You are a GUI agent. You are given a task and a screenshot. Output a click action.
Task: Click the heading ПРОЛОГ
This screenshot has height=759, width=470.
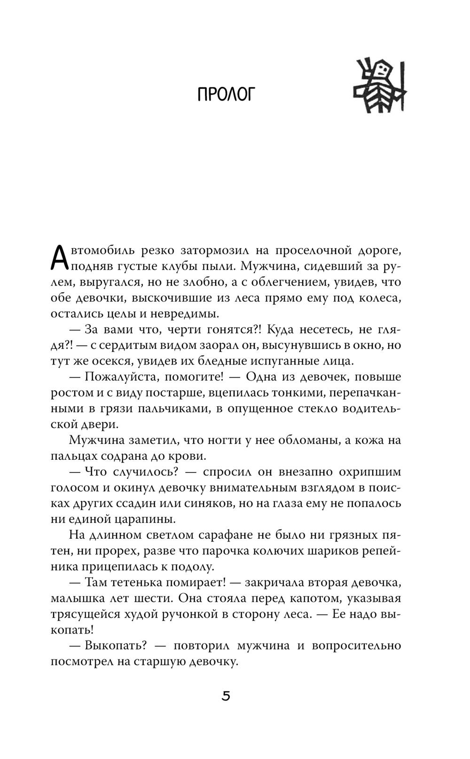click(226, 94)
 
